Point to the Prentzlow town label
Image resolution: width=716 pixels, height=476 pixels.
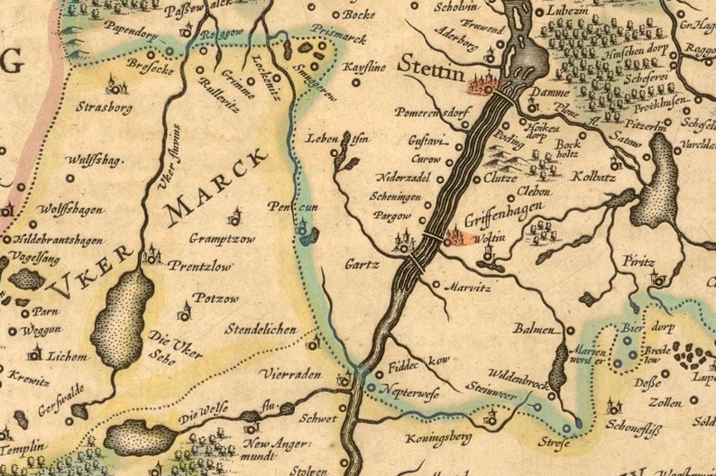click(x=198, y=267)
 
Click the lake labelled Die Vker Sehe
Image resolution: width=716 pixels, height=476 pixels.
click(x=122, y=317)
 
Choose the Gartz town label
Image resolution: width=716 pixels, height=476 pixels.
click(x=363, y=265)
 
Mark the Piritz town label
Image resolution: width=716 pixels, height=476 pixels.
click(x=638, y=261)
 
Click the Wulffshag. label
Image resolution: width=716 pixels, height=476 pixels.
click(x=94, y=160)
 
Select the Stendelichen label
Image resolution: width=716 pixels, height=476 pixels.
click(x=260, y=330)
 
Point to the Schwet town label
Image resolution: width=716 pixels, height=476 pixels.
click(x=320, y=419)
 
